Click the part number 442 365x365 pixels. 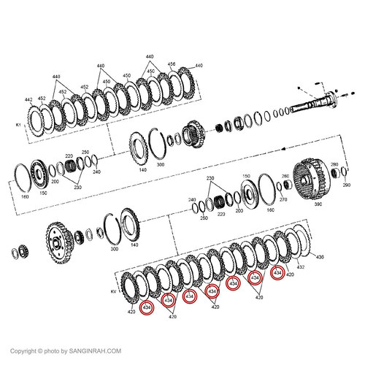[x=28, y=99]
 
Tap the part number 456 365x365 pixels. [x=172, y=64]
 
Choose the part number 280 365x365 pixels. [x=334, y=165]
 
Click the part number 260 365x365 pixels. [x=285, y=176]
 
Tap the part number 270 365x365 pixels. [x=283, y=198]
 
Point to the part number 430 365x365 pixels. [x=318, y=257]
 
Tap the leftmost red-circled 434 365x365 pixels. [x=147, y=308]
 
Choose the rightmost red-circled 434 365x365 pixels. [x=277, y=273]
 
